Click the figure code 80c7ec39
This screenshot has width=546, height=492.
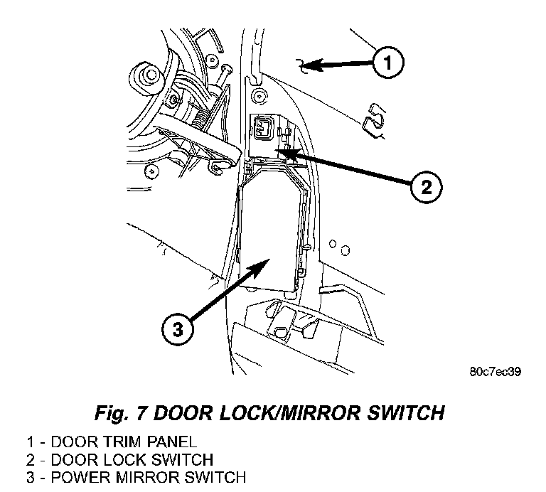click(x=496, y=371)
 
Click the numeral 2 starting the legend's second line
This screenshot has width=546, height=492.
click(x=30, y=460)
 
